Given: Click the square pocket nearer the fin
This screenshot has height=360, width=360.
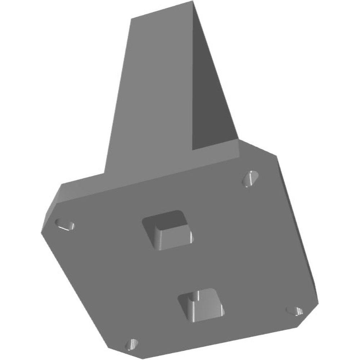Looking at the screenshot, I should click(x=167, y=230).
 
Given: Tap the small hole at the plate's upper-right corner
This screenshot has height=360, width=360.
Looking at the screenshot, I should click(x=250, y=179).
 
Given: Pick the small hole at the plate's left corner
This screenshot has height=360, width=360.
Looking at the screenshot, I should click(x=65, y=225).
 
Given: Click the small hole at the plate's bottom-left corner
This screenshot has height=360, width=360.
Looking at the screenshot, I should click(x=131, y=344).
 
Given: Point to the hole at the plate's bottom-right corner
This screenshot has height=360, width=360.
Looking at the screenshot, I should click(x=294, y=310).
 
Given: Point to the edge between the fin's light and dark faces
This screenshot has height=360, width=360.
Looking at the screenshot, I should click(x=194, y=72).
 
